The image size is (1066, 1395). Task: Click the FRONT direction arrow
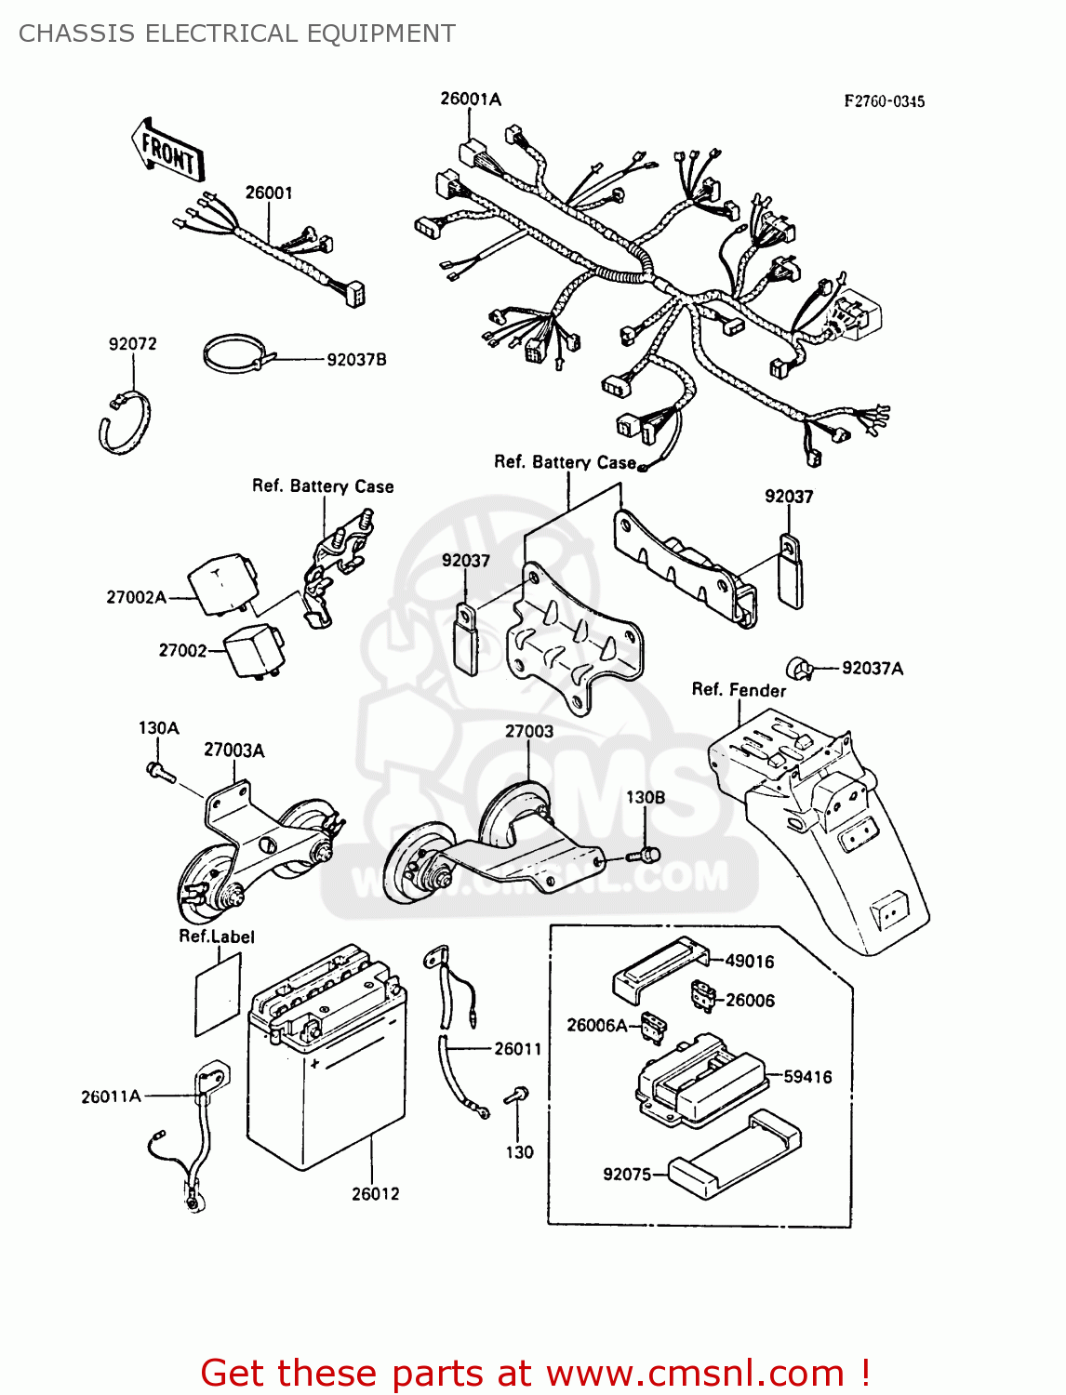coord(167,151)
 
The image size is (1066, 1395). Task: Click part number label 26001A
coord(470,99)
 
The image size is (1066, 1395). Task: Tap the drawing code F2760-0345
coord(884,101)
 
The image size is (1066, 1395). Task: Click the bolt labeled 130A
coord(160,771)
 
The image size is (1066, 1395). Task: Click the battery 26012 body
coord(326,1088)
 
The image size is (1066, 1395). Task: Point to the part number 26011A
coord(111,1096)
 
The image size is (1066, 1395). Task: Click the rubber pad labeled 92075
coord(735,1155)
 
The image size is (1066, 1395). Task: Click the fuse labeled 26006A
coord(655,1029)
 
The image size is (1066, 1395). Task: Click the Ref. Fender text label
coord(739,690)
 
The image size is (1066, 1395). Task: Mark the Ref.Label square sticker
coord(218,994)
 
